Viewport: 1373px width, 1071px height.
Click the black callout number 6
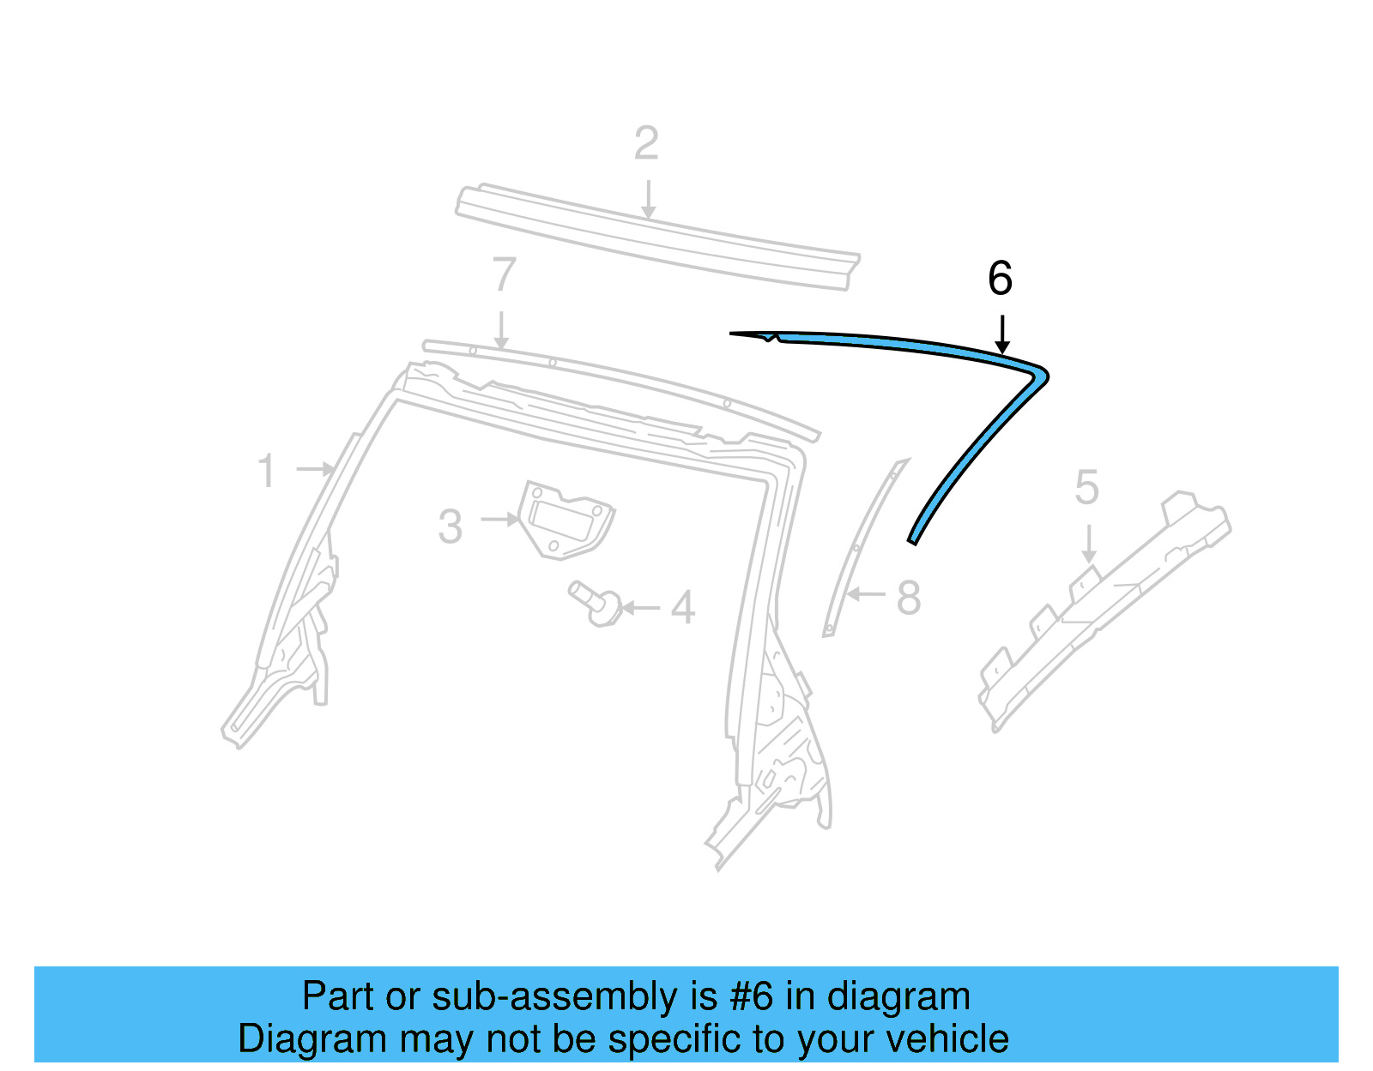1000,279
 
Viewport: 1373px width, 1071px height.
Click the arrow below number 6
1001,334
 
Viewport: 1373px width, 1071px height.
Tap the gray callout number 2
646,144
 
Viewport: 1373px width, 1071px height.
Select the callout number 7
504,275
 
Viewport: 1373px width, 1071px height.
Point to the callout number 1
267,472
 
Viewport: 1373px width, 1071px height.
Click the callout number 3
451,526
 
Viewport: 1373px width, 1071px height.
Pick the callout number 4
682,608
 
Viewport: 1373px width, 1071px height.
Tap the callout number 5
1086,488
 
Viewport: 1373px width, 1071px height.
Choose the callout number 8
908,598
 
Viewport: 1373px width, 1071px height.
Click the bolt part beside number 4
596,602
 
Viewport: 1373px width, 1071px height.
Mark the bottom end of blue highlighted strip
913,539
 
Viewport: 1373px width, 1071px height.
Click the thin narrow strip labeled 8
861,549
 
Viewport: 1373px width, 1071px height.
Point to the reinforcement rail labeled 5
1107,605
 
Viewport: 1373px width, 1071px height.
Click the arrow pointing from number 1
315,469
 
